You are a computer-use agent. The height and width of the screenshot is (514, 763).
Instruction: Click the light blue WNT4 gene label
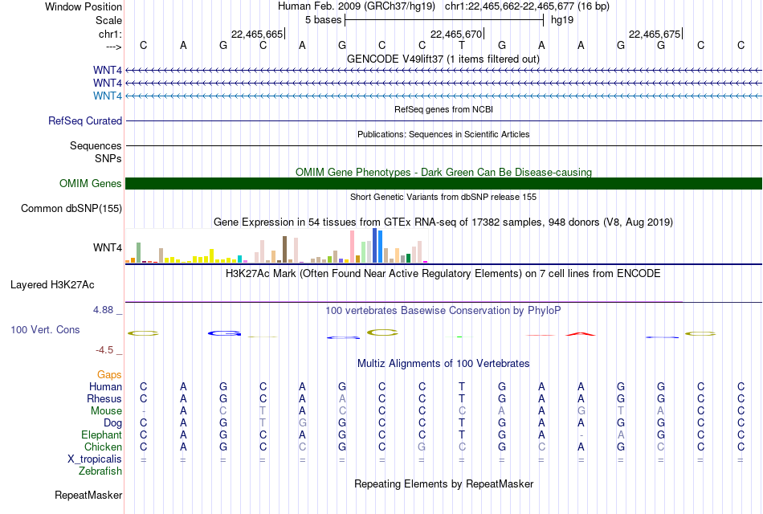point(108,96)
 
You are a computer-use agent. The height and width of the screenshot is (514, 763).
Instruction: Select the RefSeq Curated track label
point(85,120)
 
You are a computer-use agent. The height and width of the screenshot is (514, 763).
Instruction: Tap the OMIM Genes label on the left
point(91,183)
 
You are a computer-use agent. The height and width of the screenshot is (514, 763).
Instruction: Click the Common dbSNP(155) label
point(71,208)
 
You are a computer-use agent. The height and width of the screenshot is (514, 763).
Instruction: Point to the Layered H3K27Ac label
point(52,285)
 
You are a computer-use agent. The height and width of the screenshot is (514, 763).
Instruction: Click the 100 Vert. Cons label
point(45,329)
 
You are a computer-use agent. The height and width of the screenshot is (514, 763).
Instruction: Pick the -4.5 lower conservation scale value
point(104,350)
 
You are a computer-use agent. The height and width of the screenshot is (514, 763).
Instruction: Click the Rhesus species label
point(104,398)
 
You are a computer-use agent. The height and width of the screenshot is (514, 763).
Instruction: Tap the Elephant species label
point(102,434)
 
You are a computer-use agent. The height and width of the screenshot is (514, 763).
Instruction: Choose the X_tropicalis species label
point(95,459)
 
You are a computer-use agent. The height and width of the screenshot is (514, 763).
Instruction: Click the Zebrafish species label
point(100,471)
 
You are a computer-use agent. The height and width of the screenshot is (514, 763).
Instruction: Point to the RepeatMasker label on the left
point(88,495)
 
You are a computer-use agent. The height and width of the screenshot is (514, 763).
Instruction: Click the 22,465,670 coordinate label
point(456,34)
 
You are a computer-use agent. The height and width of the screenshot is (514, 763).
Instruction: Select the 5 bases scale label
point(324,20)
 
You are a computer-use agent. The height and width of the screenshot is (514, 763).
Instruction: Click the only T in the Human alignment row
point(462,386)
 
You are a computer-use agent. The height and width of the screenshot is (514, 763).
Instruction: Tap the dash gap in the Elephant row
point(581,435)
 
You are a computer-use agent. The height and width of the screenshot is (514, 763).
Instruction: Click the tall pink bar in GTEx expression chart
point(353,247)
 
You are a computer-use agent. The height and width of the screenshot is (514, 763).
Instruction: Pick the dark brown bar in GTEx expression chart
point(284,250)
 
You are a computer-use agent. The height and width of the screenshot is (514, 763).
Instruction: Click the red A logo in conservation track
point(581,334)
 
